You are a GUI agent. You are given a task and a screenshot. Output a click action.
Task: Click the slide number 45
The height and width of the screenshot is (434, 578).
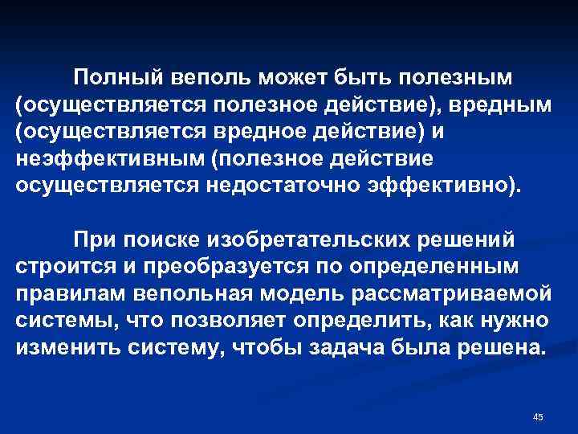coord(538,416)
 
